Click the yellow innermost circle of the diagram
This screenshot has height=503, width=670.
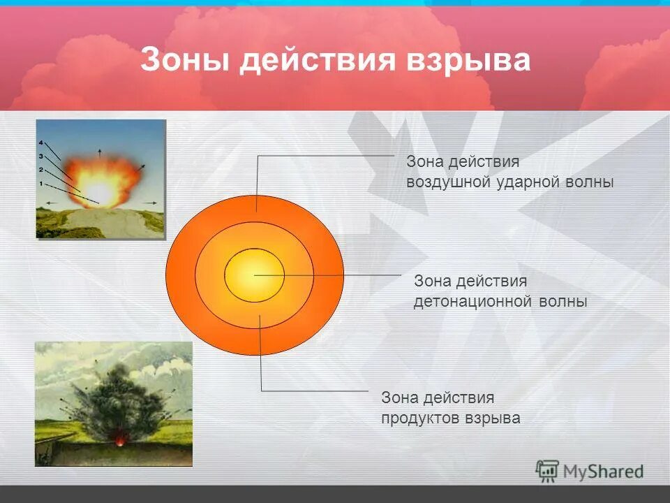(x=254, y=275)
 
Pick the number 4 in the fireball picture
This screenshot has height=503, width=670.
(x=41, y=143)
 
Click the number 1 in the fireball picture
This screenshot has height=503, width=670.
(x=41, y=184)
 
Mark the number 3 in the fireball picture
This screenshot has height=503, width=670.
(x=41, y=156)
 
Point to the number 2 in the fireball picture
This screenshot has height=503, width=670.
(x=41, y=170)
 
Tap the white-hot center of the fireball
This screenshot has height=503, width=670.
(x=100, y=190)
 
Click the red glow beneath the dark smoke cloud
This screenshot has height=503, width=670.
(x=120, y=442)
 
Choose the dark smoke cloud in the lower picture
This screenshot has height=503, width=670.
(x=112, y=398)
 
